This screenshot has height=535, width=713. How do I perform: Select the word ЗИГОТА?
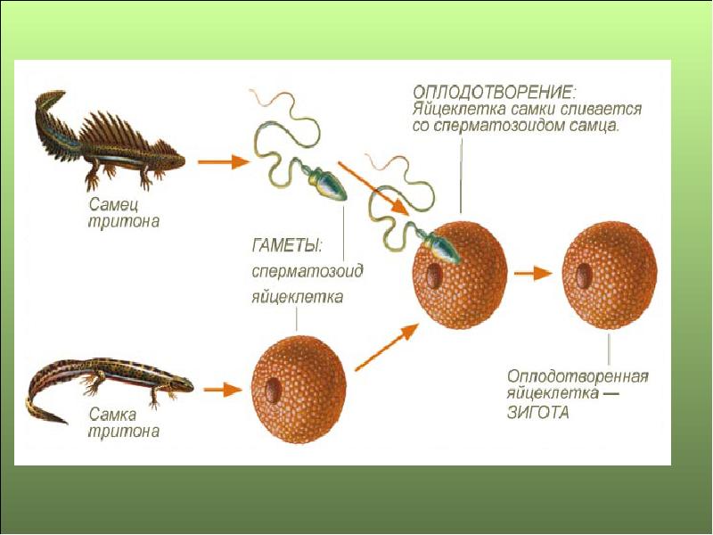pos(537,412)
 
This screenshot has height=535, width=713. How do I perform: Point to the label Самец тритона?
pos(124,213)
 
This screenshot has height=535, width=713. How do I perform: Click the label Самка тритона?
pos(124,424)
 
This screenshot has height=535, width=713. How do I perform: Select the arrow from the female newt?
pos(221,389)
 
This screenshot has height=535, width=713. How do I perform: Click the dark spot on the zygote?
pos(584,273)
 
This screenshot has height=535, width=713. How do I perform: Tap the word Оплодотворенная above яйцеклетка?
pos(577,375)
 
